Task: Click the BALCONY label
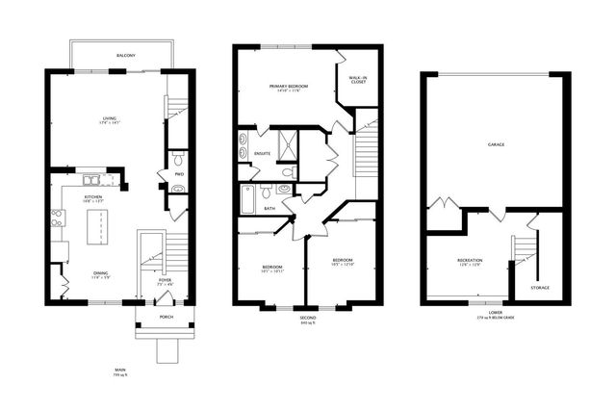tap(125, 57)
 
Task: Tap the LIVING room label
tap(109, 119)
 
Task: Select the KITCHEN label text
tap(92, 196)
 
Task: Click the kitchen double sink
tap(91, 179)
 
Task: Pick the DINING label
tap(100, 274)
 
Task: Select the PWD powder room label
tap(179, 174)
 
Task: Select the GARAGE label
tap(497, 143)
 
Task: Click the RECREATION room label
tap(471, 260)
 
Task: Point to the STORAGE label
tap(542, 287)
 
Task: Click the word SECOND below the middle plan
tap(307, 318)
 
